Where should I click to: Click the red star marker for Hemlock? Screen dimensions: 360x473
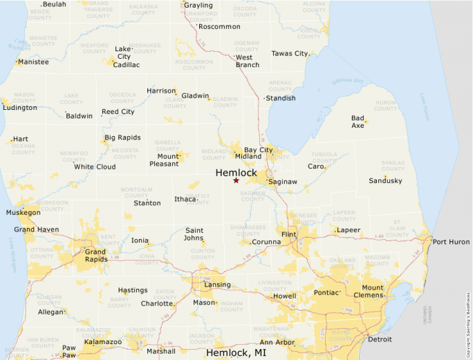pyautogui.click(x=236, y=180)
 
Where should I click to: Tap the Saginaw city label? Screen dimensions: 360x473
pyautogui.click(x=283, y=182)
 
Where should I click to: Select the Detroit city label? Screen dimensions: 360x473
pyautogui.click(x=380, y=339)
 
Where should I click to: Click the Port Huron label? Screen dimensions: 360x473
pyautogui.click(x=451, y=242)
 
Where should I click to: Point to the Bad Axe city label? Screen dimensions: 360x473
pyautogui.click(x=358, y=122)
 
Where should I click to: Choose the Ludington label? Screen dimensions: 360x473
pyautogui.click(x=20, y=108)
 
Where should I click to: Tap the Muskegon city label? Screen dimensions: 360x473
pyautogui.click(x=23, y=213)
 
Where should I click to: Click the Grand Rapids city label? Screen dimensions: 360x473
pyautogui.click(x=95, y=256)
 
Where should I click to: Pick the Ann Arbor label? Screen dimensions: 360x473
pyautogui.click(x=276, y=343)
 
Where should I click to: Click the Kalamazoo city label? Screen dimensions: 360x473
pyautogui.click(x=102, y=342)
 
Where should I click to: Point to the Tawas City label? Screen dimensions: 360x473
pyautogui.click(x=290, y=53)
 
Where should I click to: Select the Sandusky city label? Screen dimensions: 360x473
pyautogui.click(x=385, y=180)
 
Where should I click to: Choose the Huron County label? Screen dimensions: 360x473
pyautogui.click(x=385, y=106)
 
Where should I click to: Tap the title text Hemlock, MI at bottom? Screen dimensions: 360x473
pyautogui.click(x=236, y=352)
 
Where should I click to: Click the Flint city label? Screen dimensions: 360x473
pyautogui.click(x=288, y=235)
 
